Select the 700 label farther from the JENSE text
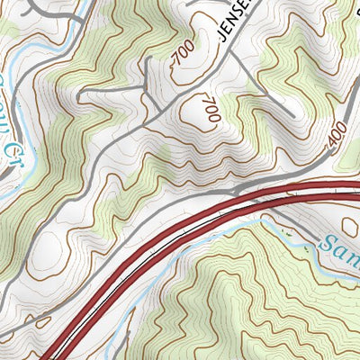(212, 109)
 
